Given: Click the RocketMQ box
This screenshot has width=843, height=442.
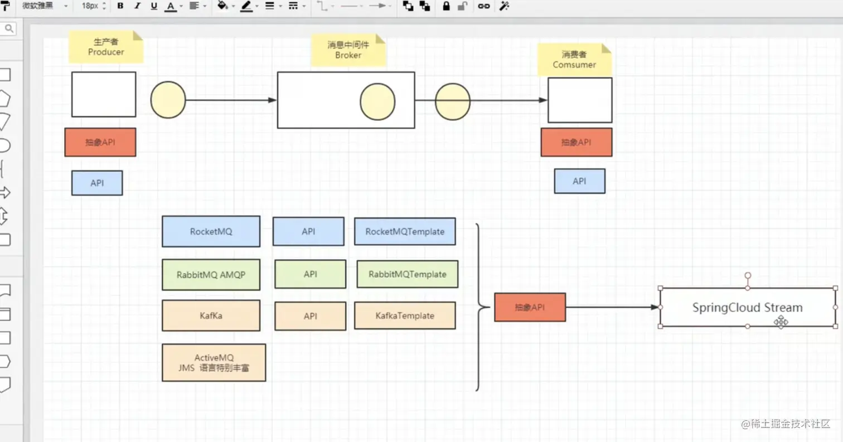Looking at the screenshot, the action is [x=211, y=231].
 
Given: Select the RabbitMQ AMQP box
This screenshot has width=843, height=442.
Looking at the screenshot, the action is [x=211, y=275].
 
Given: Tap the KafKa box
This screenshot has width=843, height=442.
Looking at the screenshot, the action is [x=211, y=315].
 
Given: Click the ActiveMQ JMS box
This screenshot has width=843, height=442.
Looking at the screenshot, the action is [x=214, y=363].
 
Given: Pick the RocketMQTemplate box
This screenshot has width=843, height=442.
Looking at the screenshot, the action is [x=405, y=231].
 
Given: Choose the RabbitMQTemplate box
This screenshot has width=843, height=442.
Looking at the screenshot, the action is [x=407, y=274].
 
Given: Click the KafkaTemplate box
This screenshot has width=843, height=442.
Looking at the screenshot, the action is [x=405, y=315].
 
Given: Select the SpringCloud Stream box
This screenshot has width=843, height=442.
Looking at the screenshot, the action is [x=748, y=307].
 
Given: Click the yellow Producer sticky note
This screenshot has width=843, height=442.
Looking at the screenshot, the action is [x=106, y=47].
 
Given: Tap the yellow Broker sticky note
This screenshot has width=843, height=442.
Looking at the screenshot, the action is [x=348, y=50].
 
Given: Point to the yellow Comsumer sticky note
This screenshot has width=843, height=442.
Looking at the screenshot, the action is [x=574, y=60].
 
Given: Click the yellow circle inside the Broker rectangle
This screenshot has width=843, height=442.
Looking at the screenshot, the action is [x=377, y=101].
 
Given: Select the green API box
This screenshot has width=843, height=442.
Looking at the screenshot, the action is [x=310, y=274].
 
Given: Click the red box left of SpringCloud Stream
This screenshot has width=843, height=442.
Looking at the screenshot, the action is [x=530, y=307].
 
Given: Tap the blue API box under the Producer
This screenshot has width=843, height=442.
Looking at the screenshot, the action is [x=97, y=183].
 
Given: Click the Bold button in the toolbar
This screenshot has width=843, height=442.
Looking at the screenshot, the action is [x=120, y=6].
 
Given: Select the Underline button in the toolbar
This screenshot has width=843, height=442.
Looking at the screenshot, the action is [x=153, y=6].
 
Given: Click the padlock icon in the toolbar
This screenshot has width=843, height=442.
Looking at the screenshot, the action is [x=446, y=6].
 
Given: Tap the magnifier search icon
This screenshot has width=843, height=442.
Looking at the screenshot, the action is [x=9, y=28].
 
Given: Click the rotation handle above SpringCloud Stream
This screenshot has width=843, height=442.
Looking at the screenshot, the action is [x=748, y=275].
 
